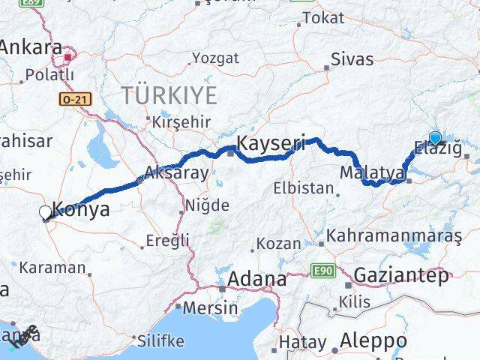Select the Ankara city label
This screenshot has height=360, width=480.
point(31,48)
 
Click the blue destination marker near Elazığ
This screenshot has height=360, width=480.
point(435,137)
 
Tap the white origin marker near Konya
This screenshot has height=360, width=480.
point(45,213)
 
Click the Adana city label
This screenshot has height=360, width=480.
point(258,280)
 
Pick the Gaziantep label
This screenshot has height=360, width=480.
point(400,274)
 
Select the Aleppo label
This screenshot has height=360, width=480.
point(373,341)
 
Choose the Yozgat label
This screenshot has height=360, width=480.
point(215,58)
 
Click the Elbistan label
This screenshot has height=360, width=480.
point(303,187)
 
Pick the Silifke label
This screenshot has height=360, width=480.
point(160,340)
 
